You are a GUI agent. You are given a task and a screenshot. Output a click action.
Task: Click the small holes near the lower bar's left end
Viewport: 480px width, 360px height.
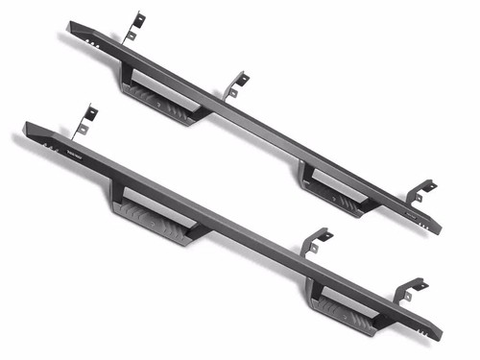pos(47,144)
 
